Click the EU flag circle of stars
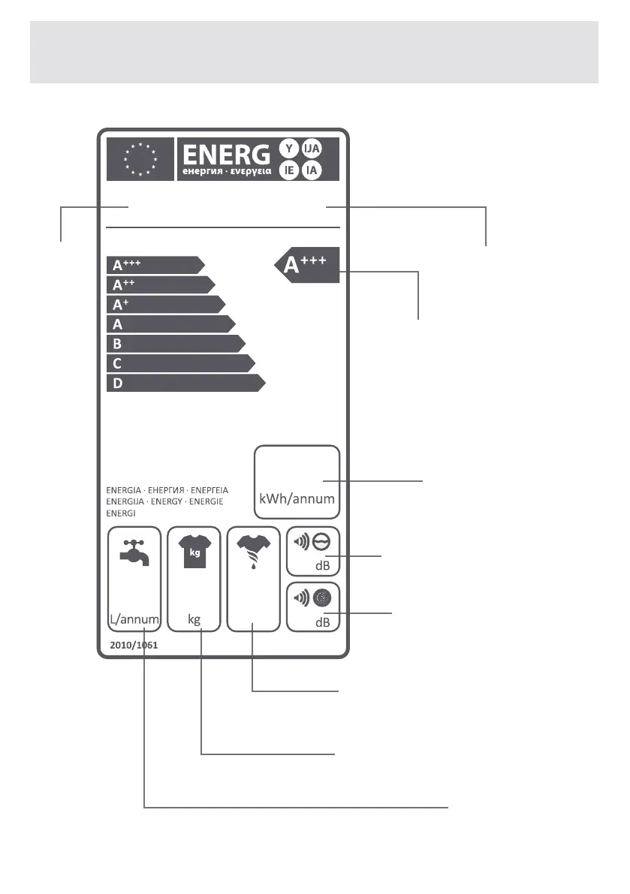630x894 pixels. coord(140,158)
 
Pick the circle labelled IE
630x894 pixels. coord(289,171)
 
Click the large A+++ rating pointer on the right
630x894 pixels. coord(307,265)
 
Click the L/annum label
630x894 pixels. coord(134,621)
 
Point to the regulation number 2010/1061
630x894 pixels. coord(133,645)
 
